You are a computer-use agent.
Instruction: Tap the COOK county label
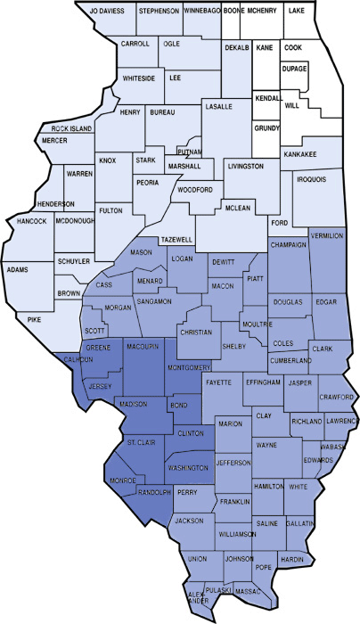point(294,46)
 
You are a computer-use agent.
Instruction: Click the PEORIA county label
point(148,182)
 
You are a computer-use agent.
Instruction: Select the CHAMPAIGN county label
point(289,243)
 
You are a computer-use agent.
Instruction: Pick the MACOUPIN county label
point(143,345)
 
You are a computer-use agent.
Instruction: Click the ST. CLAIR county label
point(143,442)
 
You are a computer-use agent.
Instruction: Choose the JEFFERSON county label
point(233,463)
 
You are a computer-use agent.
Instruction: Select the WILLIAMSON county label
point(238,534)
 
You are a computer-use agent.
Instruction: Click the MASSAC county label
point(248,591)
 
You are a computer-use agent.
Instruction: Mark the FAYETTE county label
point(218,381)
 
